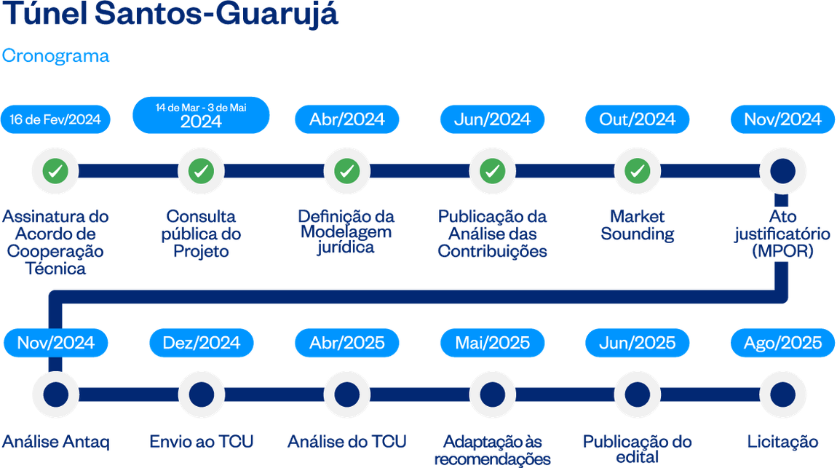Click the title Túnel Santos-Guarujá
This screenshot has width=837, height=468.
click(x=170, y=15)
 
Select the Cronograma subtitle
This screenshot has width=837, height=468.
click(x=56, y=56)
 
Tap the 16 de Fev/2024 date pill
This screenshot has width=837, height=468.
click(x=55, y=119)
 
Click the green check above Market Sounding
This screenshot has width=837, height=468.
click(x=638, y=172)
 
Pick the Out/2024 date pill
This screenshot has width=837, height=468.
click(x=638, y=119)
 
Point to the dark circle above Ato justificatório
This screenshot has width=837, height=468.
click(x=782, y=172)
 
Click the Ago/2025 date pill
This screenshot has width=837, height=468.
click(x=782, y=343)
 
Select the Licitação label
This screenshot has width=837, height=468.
click(x=782, y=442)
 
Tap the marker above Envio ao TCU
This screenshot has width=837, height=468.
click(x=201, y=394)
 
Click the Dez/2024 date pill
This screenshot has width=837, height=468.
click(x=201, y=343)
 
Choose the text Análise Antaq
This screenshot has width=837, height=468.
click(x=56, y=442)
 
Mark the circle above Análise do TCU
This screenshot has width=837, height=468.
click(x=346, y=394)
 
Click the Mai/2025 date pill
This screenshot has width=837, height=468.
click(x=492, y=343)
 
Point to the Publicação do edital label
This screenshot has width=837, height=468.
click(x=637, y=449)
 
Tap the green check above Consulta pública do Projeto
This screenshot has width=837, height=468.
click(x=201, y=172)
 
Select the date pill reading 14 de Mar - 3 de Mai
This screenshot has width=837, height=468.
click(x=201, y=115)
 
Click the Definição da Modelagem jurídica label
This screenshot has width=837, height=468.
click(x=346, y=232)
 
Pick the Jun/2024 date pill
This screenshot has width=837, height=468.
click(x=492, y=119)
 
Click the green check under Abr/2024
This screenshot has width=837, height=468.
click(x=346, y=172)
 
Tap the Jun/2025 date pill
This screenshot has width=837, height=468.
click(x=638, y=343)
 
